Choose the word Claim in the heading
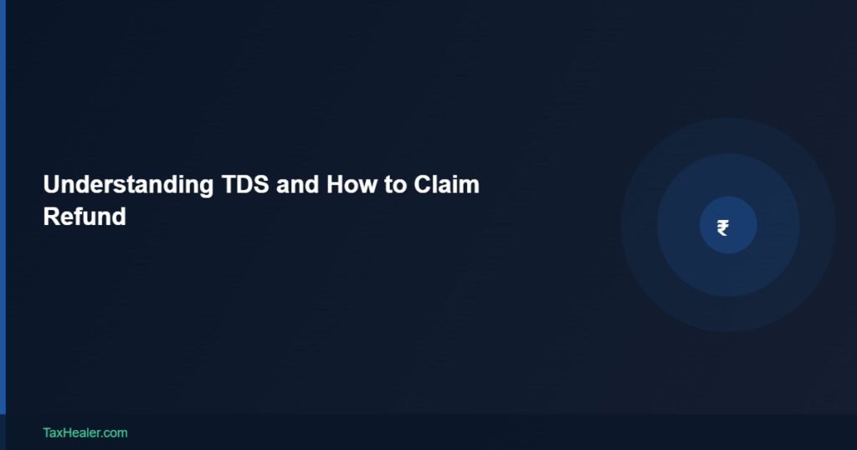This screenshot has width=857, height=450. (x=447, y=185)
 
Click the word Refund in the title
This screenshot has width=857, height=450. (x=85, y=217)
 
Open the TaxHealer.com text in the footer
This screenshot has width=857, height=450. (x=85, y=432)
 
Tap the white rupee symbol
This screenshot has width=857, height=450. (x=723, y=227)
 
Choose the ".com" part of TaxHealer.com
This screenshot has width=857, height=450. (x=115, y=432)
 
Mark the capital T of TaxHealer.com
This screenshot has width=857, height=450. (x=47, y=432)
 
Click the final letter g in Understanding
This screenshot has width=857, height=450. (x=206, y=187)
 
